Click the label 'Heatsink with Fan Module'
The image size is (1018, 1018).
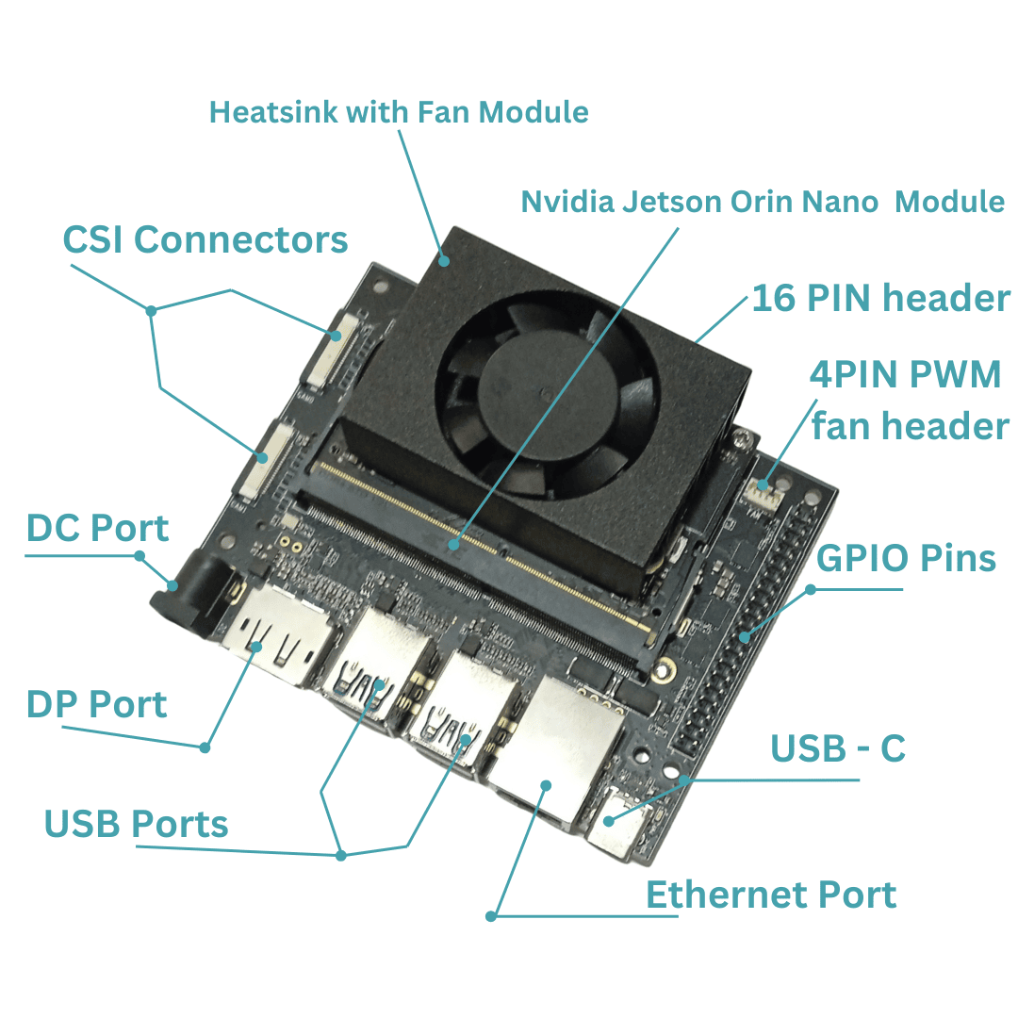(399, 112)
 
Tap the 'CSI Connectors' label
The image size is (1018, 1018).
(205, 239)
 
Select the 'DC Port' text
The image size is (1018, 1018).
(97, 528)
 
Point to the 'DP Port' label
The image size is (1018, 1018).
(97, 704)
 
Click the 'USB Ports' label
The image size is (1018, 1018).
(137, 824)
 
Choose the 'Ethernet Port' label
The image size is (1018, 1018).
(771, 895)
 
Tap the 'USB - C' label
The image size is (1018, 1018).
(838, 748)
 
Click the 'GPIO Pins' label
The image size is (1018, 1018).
(906, 558)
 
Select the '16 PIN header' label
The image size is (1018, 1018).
(881, 298)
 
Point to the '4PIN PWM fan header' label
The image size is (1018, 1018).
(909, 400)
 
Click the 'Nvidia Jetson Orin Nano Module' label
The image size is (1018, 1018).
(763, 202)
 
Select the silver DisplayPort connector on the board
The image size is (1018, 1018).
(278, 633)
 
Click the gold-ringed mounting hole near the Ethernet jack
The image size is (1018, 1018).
(664, 670)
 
